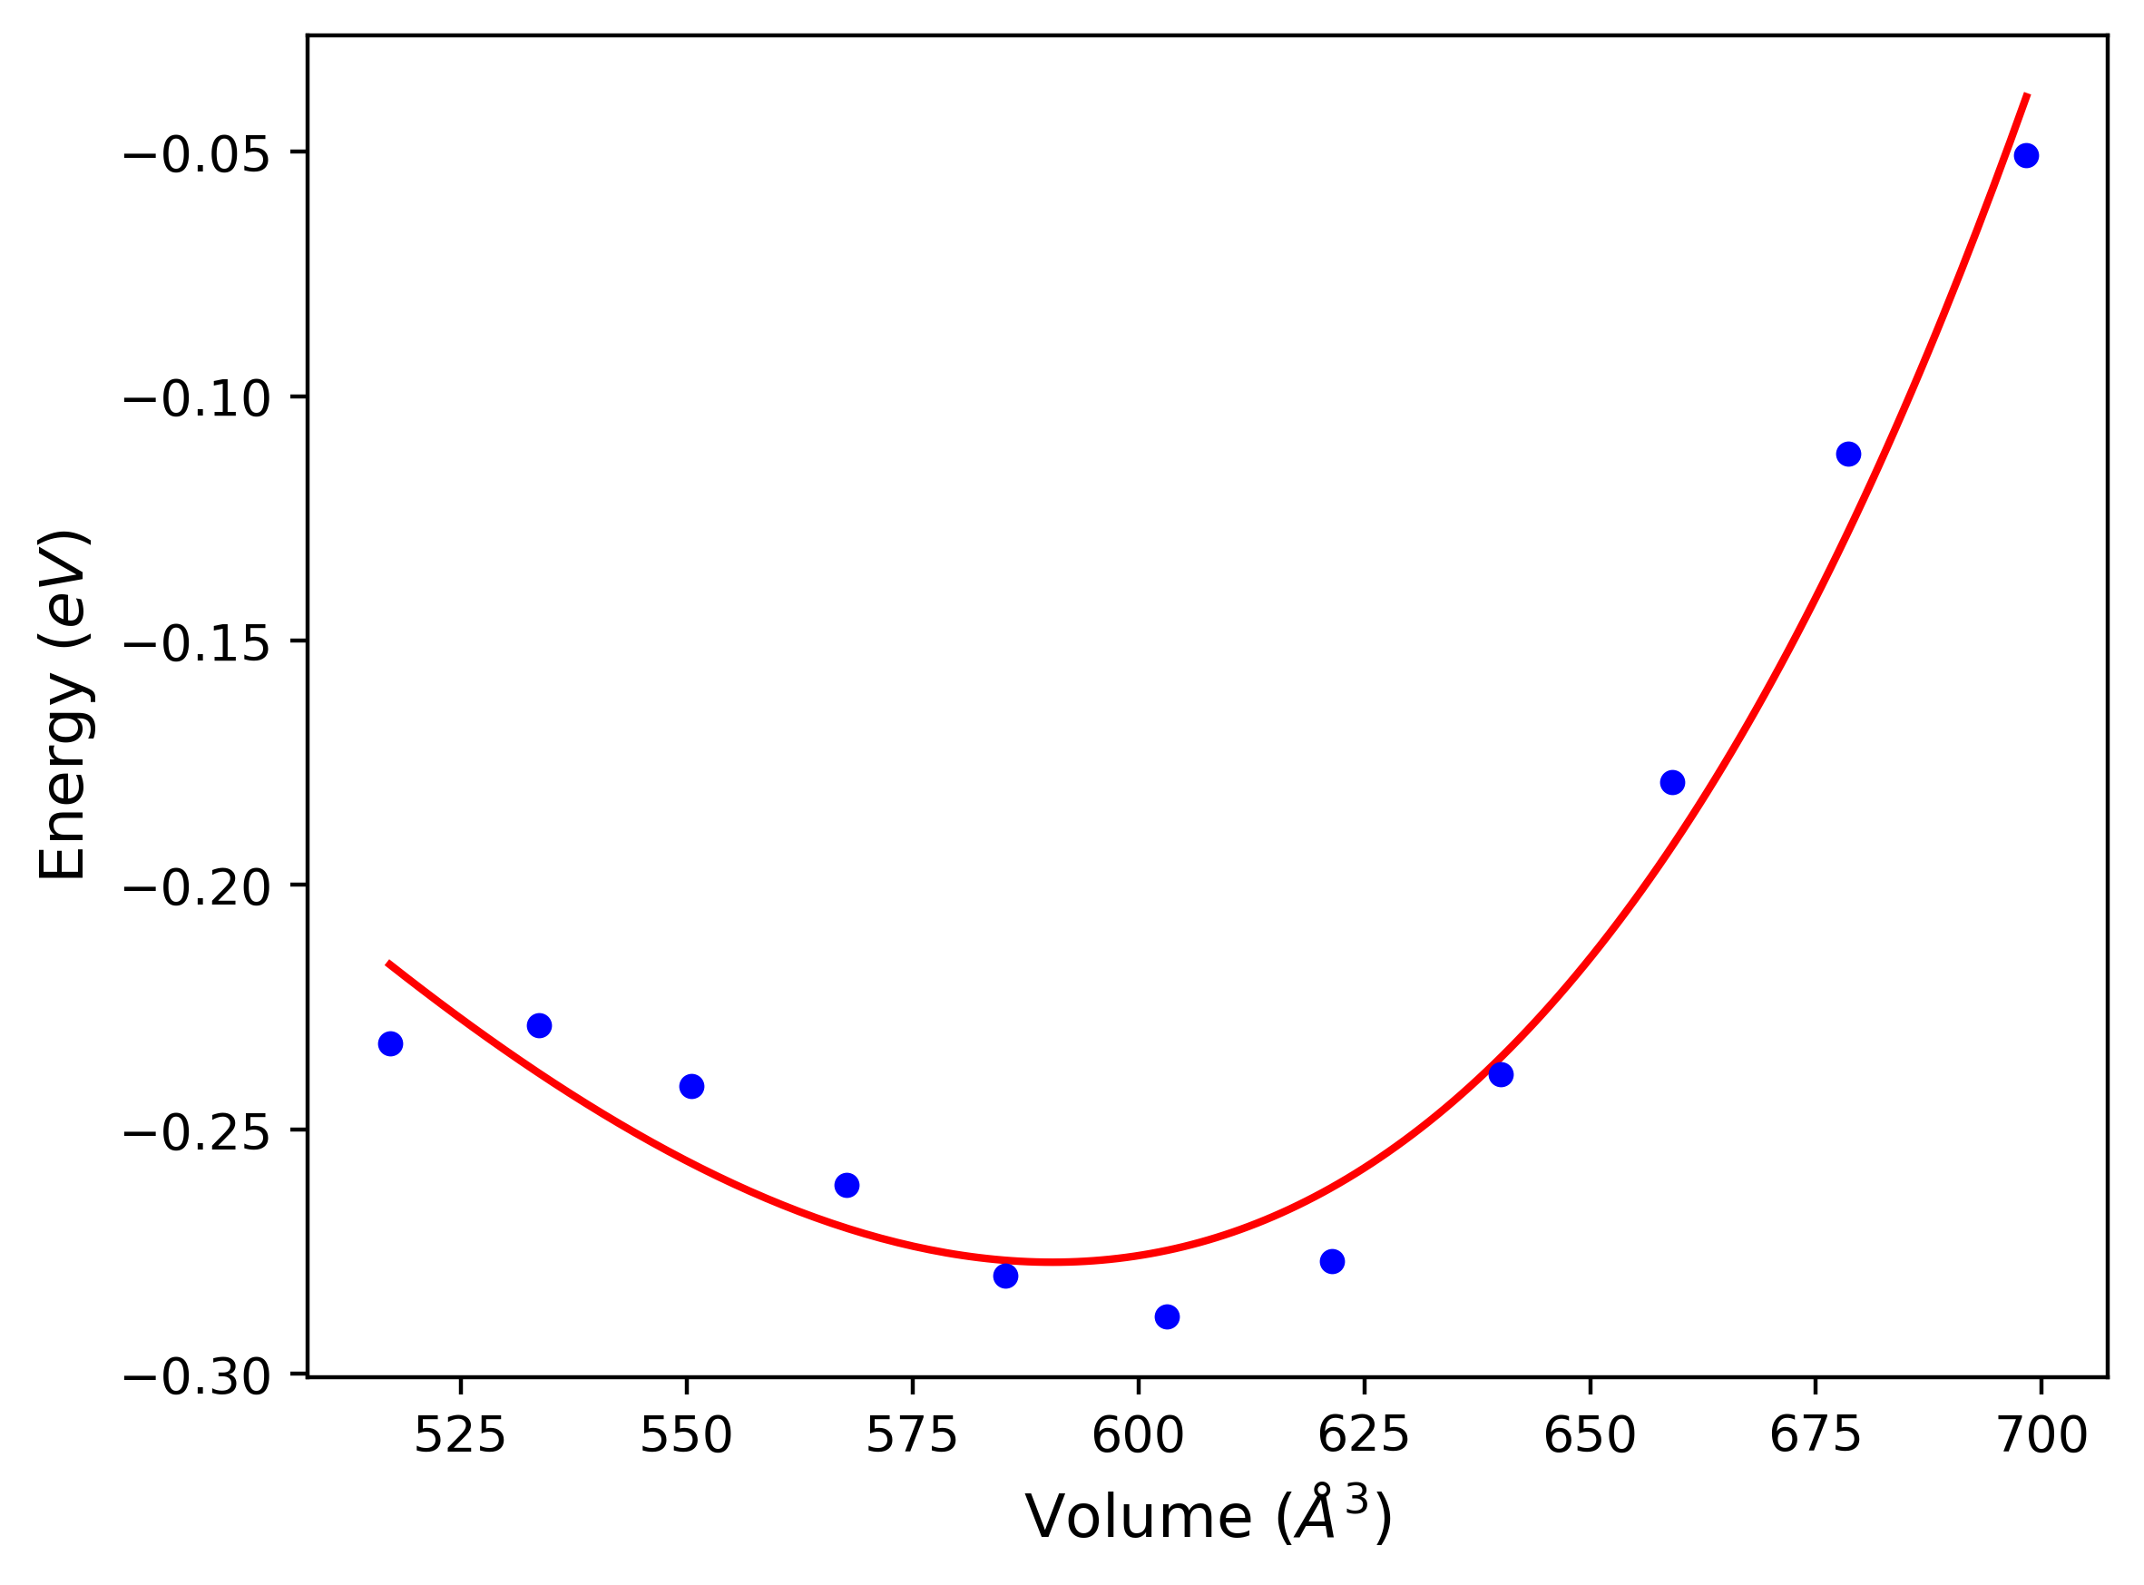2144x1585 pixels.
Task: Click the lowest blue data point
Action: tap(1167, 1317)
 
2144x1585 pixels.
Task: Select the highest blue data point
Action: tap(2026, 155)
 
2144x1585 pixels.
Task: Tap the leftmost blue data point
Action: tap(390, 1044)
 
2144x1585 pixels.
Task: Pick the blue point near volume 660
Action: tap(1672, 782)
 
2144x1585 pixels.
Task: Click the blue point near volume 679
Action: tap(1848, 454)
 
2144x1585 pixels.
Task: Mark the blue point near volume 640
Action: tap(1502, 1074)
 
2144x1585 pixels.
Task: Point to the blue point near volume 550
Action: tap(691, 1086)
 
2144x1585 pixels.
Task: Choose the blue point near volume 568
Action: tap(847, 1185)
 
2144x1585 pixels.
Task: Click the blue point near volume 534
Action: tap(539, 1025)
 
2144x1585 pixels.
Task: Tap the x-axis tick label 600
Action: tap(1138, 1436)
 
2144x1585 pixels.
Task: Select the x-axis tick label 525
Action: tap(459, 1436)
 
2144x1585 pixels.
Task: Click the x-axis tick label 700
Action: tap(2042, 1436)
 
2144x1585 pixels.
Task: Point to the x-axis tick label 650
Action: tap(1590, 1436)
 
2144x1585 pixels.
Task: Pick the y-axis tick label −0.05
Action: tap(198, 154)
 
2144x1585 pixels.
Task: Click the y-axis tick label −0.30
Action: tap(198, 1378)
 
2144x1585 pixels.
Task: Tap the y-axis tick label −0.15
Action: tap(198, 643)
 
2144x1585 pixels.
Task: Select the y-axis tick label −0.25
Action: tap(198, 1133)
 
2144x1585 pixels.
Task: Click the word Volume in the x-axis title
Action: tap(1138, 1518)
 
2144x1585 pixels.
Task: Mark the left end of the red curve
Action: tap(388, 963)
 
